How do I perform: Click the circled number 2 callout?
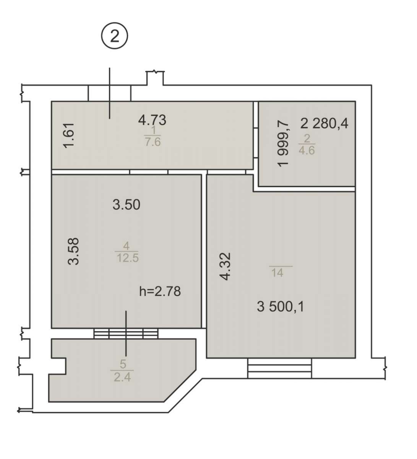tap(114, 36)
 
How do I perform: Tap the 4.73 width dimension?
tap(152, 120)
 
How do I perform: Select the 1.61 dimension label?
tap(69, 135)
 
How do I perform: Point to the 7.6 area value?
tap(153, 142)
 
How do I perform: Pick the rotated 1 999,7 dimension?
tap(283, 144)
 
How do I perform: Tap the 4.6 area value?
tap(307, 150)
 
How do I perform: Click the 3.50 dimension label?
tap(126, 205)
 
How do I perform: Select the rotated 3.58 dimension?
tap(73, 251)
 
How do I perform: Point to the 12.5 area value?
tap(128, 258)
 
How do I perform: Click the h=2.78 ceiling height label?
tap(160, 291)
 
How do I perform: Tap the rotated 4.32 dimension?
tap(225, 266)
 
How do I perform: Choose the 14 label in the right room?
tap(277, 273)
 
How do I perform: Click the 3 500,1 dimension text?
tap(281, 306)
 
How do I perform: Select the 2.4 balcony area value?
tap(122, 377)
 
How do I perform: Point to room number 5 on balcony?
tap(123, 364)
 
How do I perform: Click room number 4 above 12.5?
tap(126, 246)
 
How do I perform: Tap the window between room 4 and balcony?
tap(126, 334)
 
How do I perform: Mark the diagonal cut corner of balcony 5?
tap(180, 386)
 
